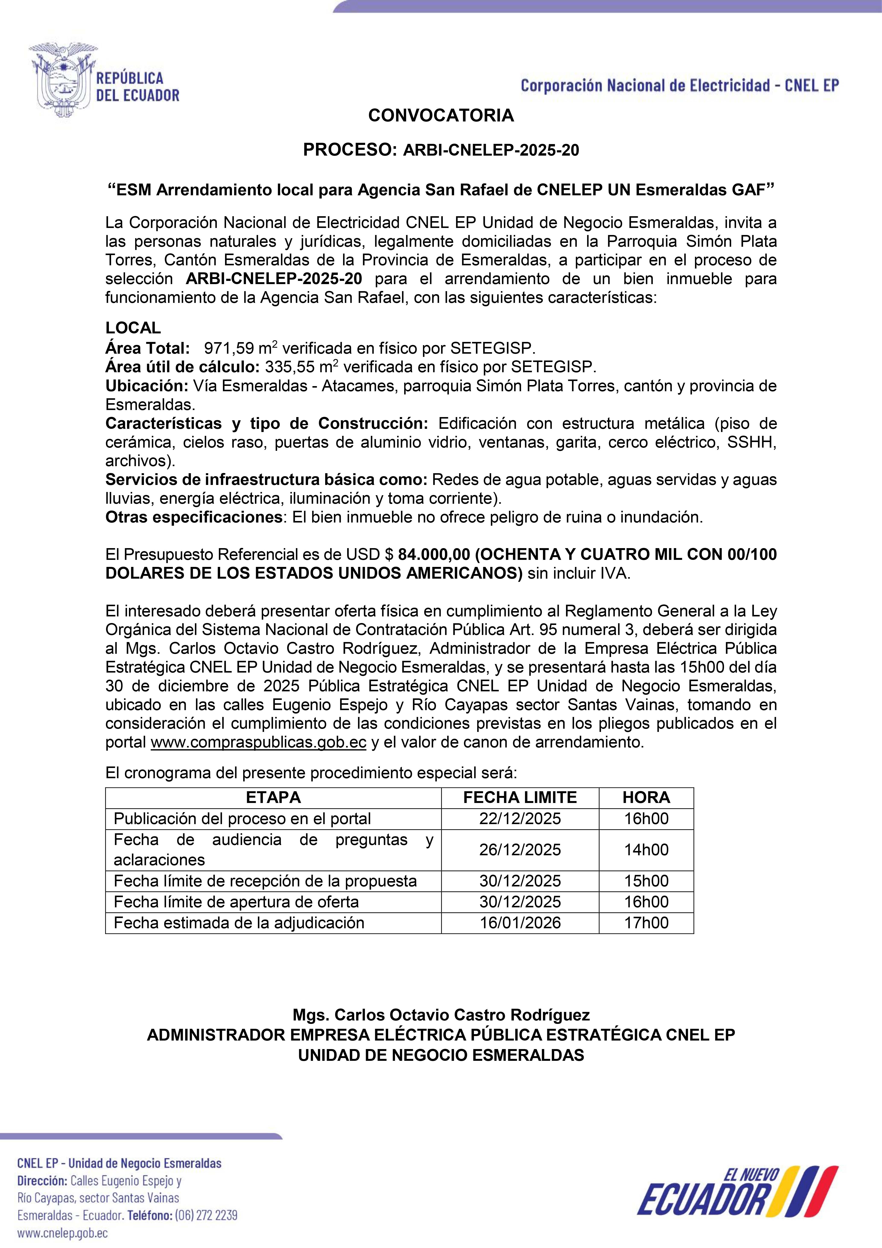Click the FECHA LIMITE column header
tap(520, 797)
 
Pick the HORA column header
tap(646, 797)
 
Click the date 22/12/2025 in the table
tap(520, 819)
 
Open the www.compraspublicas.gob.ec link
tap(258, 743)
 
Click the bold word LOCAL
tap(133, 328)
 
